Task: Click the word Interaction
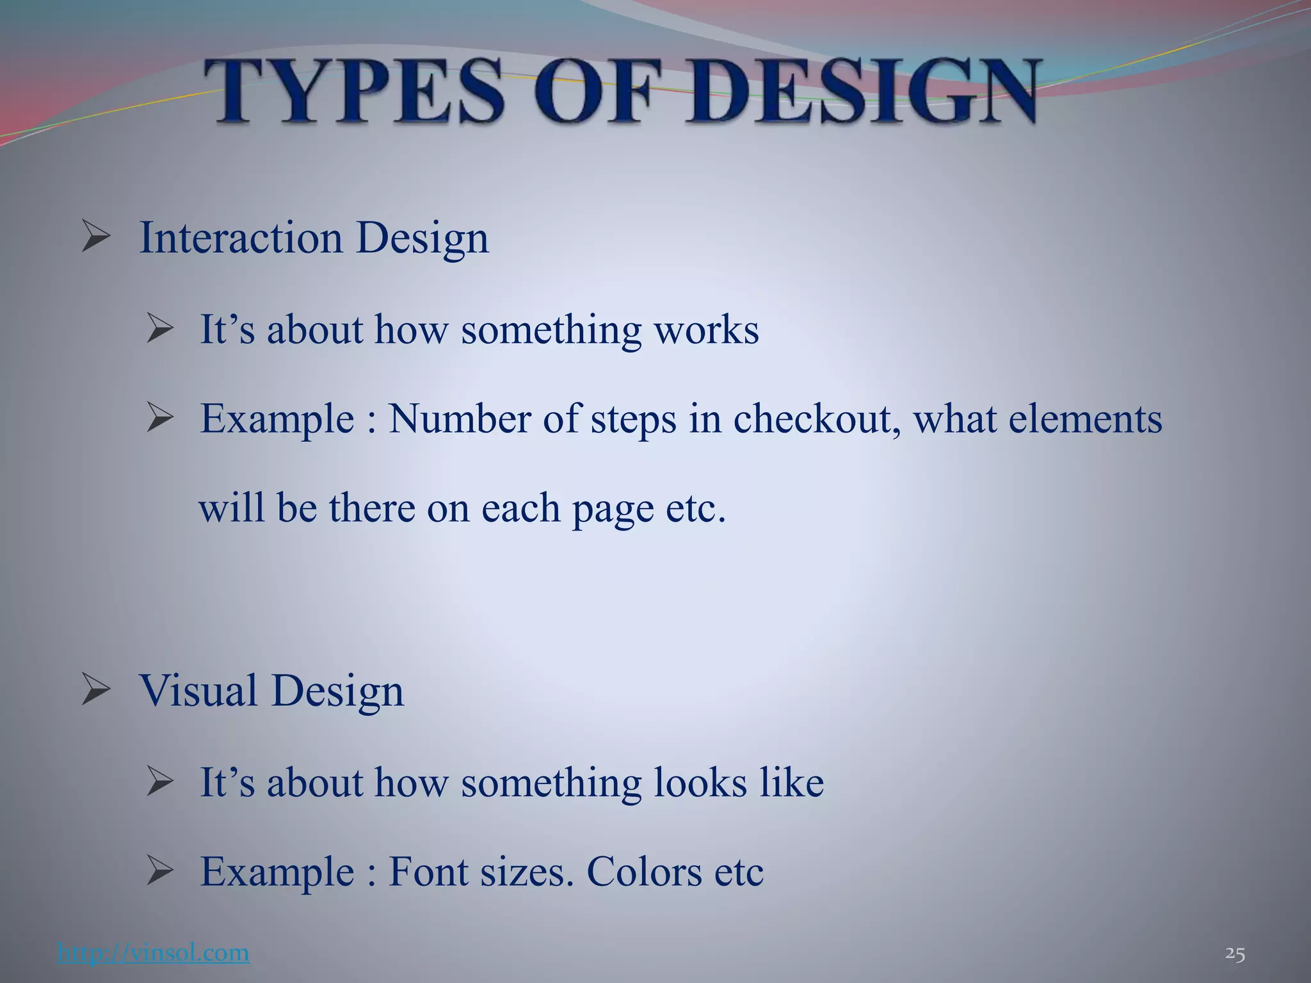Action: [x=241, y=237]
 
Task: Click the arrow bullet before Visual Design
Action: [x=96, y=691]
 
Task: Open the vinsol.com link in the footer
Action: [x=153, y=954]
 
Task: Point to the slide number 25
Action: [x=1235, y=954]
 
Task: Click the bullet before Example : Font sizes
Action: [x=159, y=872]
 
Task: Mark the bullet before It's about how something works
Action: [x=159, y=330]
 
